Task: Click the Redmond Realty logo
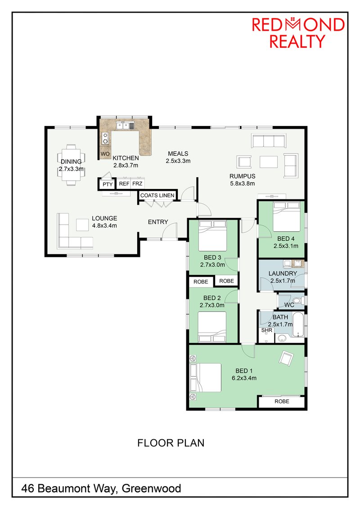[298, 32]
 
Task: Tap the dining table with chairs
[71, 165]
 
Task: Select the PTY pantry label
[108, 184]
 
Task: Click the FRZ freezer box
[137, 184]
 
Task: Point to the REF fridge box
[124, 184]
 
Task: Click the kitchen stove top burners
[105, 138]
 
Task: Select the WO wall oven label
[105, 154]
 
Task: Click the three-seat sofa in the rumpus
[269, 141]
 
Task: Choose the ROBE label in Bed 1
[282, 401]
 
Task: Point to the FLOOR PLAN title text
[171, 443]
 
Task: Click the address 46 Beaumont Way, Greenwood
[101, 488]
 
